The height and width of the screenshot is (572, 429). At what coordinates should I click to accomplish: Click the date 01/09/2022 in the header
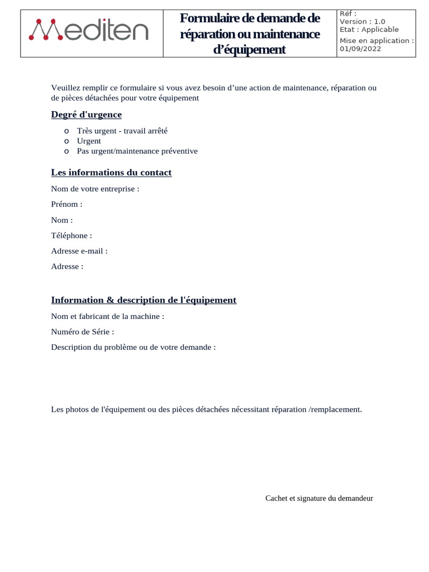(x=360, y=49)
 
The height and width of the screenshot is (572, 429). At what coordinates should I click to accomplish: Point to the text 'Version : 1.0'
(x=362, y=22)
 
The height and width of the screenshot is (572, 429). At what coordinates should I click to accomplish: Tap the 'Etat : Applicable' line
(x=369, y=30)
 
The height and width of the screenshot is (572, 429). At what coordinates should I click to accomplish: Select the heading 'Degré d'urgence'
(x=86, y=115)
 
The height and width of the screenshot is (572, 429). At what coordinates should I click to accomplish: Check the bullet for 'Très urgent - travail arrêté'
(x=66, y=131)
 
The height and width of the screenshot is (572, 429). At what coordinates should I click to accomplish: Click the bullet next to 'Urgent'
(x=66, y=141)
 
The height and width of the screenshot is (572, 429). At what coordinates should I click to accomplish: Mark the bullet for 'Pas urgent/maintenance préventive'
(x=66, y=151)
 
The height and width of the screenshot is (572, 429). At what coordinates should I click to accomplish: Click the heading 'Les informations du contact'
(x=111, y=173)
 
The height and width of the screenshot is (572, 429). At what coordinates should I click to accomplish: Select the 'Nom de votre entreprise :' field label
(x=95, y=189)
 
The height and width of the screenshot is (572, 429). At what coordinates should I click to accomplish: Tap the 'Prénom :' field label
(x=66, y=204)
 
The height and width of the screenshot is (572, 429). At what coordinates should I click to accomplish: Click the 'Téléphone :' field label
(x=71, y=236)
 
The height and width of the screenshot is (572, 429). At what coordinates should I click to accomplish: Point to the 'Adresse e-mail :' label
(x=79, y=251)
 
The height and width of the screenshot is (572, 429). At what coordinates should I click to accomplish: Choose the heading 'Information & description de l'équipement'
(x=144, y=301)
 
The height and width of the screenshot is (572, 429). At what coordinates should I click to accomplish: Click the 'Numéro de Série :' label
(x=83, y=332)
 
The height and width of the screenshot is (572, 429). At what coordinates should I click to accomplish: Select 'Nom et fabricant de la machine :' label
(x=108, y=316)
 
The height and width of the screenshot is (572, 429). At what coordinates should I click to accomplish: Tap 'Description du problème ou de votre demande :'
(x=134, y=347)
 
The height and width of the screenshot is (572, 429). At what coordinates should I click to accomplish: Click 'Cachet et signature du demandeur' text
(x=319, y=498)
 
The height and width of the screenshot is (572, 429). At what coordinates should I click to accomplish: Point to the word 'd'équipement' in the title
(x=249, y=50)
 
